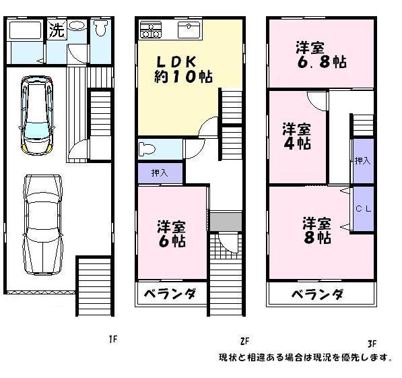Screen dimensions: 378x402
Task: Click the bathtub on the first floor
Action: [26, 31]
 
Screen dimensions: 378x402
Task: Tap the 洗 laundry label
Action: [56, 30]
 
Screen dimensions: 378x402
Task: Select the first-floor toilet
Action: [102, 29]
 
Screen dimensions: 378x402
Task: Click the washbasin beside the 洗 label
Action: [77, 28]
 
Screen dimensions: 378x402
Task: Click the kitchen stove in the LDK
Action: [151, 30]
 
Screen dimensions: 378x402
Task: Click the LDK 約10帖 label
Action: [177, 68]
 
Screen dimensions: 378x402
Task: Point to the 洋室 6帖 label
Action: [172, 232]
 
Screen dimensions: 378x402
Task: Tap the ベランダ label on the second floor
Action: [172, 294]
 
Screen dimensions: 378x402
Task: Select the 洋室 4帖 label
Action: [296, 136]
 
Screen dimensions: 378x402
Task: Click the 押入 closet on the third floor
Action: [363, 161]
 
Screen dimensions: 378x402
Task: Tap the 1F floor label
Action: [113, 339]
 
